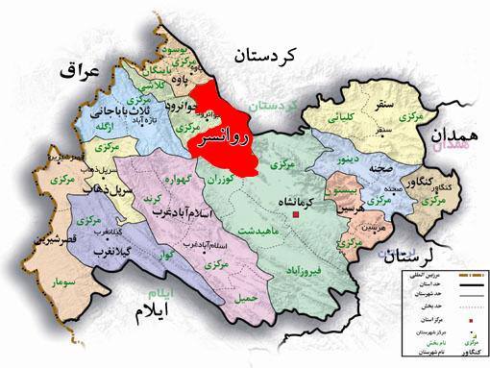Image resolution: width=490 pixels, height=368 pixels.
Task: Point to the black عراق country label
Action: pos(80,71)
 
